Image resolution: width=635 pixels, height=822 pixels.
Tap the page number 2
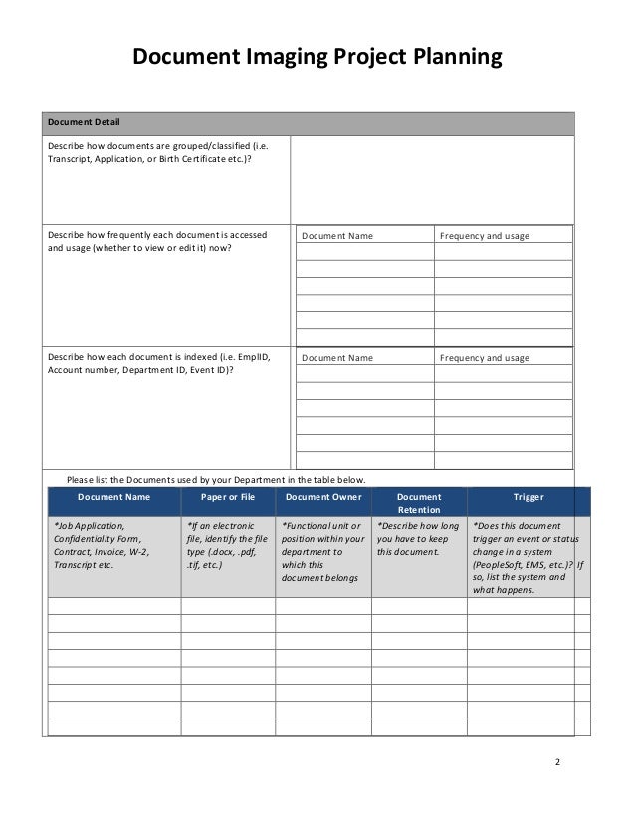[x=557, y=762]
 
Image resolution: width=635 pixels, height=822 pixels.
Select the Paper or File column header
[x=228, y=496]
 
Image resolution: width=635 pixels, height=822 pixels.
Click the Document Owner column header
[x=322, y=496]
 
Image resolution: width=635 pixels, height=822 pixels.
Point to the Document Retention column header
[x=418, y=503]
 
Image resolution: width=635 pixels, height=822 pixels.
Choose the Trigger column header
[x=528, y=496]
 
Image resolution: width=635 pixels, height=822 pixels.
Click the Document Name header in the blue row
[x=113, y=496]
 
